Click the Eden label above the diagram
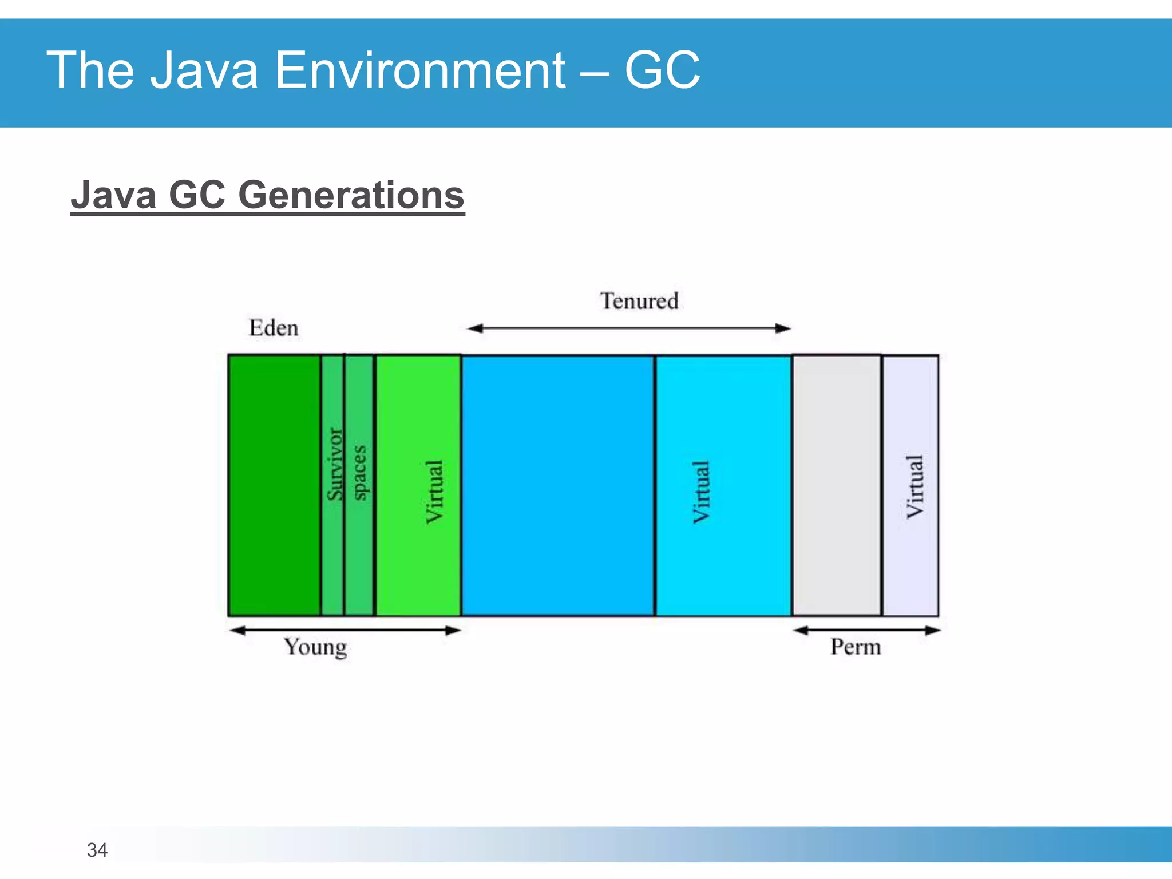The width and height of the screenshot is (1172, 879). click(274, 328)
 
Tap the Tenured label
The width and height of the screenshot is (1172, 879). click(639, 301)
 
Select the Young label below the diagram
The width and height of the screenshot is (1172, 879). click(315, 647)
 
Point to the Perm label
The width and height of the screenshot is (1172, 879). click(856, 647)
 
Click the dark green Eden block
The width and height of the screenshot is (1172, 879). click(274, 485)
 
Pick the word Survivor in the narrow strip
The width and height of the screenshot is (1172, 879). click(334, 464)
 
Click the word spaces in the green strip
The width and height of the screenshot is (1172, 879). click(359, 473)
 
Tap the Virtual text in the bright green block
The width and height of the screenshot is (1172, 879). click(434, 492)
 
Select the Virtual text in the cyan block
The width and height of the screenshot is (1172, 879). click(702, 492)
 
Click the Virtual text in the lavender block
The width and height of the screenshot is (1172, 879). click(914, 486)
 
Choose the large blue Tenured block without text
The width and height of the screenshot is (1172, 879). click(558, 485)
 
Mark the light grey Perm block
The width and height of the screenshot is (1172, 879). click(836, 485)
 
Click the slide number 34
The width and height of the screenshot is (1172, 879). click(97, 850)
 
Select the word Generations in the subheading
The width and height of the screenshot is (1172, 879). click(351, 195)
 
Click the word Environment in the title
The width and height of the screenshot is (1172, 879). click(420, 70)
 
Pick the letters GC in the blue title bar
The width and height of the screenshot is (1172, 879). click(662, 70)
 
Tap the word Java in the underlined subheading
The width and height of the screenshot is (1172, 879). click(113, 195)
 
